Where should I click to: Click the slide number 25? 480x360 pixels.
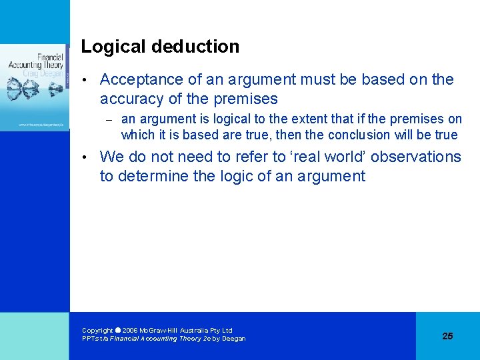(x=447, y=336)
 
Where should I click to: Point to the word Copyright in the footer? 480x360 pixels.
(x=97, y=330)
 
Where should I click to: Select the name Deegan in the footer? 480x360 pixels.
(x=233, y=339)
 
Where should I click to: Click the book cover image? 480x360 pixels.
(x=34, y=87)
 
